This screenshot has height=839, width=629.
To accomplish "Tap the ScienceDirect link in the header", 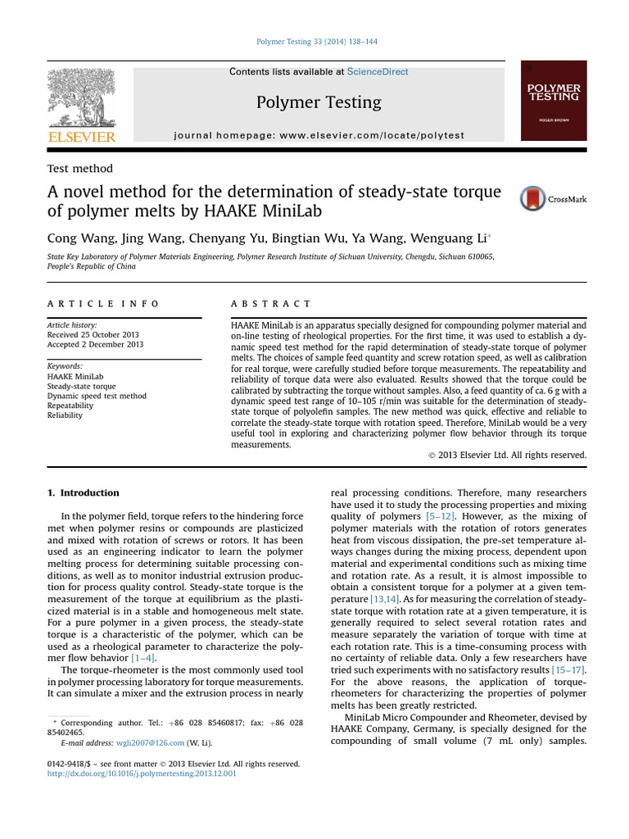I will [377, 72].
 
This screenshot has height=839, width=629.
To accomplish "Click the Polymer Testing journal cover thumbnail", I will [554, 99].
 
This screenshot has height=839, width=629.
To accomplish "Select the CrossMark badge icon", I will [533, 198].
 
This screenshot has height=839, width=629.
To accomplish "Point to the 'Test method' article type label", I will [80, 169].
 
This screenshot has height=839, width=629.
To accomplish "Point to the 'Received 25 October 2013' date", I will [93, 335].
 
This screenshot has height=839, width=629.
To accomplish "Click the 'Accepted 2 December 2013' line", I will [95, 345].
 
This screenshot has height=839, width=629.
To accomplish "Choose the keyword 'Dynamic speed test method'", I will [97, 396].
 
